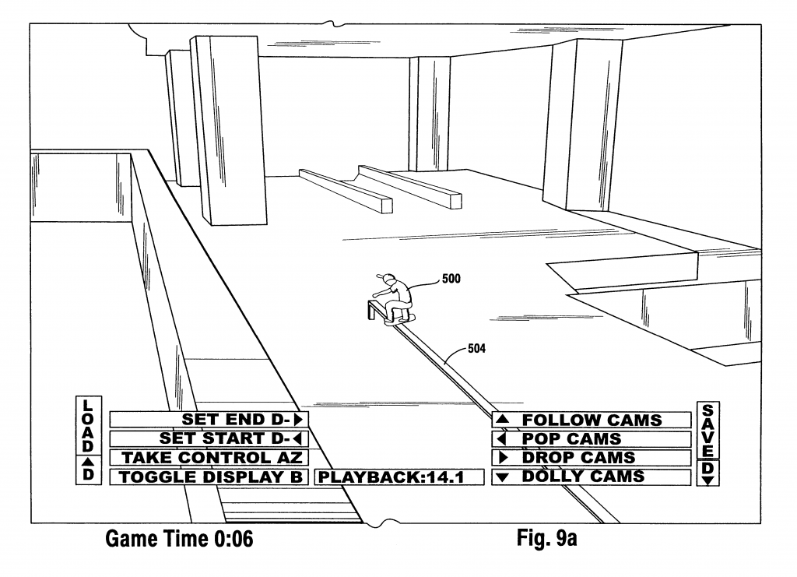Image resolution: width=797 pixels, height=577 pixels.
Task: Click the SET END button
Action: pos(209,420)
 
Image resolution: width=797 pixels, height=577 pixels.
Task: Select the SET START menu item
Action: pos(209,438)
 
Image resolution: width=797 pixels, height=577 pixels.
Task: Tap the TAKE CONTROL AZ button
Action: pos(209,458)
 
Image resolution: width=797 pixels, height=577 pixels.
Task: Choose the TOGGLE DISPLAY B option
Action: pos(209,477)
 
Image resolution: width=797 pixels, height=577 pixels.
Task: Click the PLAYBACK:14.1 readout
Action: pos(398,477)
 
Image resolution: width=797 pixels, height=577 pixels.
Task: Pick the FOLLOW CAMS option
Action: pos(592,420)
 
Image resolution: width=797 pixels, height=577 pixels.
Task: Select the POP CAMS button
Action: pos(592,438)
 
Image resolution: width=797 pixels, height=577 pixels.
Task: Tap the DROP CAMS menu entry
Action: pos(592,458)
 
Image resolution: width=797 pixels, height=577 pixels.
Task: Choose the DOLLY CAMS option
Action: pos(592,477)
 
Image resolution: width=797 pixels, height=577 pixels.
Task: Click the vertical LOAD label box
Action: pos(87,440)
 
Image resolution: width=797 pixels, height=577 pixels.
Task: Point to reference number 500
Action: pos(451,276)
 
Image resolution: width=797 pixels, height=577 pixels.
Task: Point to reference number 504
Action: pos(477,348)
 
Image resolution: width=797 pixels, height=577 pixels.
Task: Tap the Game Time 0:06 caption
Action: pos(179,539)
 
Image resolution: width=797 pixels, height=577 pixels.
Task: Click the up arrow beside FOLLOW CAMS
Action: pos(503,420)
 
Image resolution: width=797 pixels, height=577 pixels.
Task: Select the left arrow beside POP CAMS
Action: pos(502,439)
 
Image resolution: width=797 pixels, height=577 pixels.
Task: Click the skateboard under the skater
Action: pos(400,319)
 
